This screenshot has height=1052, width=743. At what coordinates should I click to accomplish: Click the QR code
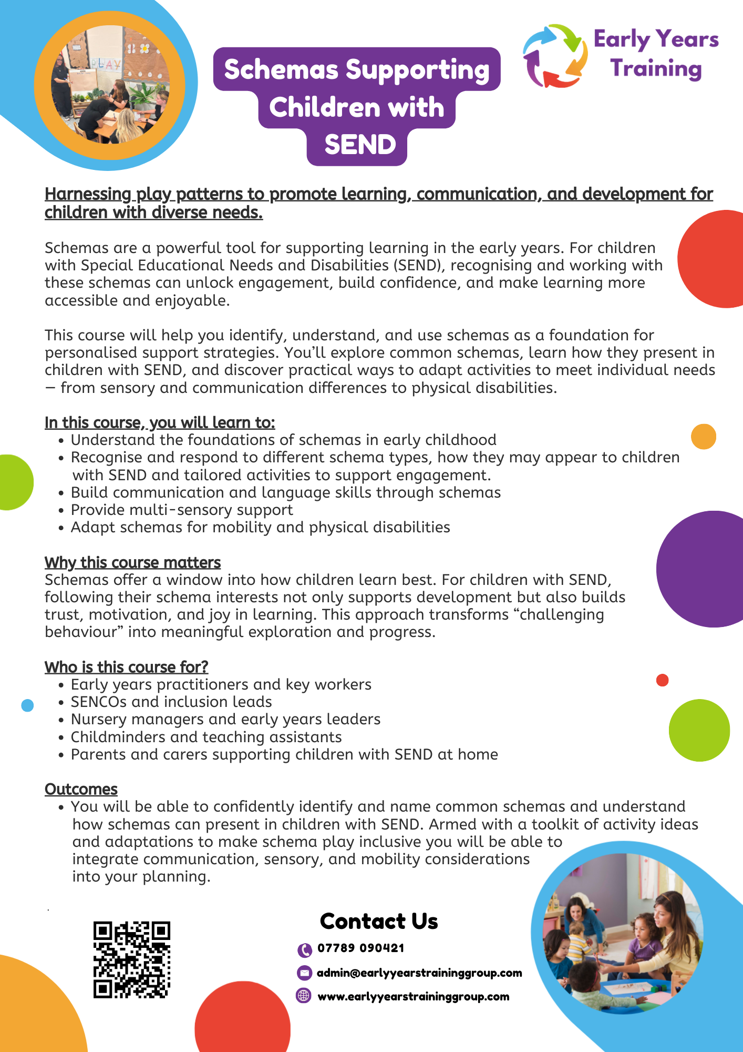132,959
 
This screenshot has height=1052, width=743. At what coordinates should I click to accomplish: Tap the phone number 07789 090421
360,948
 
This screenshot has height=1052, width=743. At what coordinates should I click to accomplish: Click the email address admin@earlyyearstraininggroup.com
419,973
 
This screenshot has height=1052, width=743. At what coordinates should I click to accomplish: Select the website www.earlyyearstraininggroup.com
414,996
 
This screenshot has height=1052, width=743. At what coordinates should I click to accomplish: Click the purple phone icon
304,949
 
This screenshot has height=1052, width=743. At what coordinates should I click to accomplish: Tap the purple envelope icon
304,973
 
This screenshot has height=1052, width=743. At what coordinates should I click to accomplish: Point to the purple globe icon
304,996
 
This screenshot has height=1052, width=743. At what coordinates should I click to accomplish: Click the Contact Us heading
379,921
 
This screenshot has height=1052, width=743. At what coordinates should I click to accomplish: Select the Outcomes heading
81,789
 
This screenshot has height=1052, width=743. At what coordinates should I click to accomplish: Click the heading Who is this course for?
126,667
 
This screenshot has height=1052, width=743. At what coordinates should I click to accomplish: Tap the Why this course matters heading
132,562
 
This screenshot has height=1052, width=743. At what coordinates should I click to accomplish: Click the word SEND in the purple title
360,145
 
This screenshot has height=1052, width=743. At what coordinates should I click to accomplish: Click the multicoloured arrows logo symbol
555,56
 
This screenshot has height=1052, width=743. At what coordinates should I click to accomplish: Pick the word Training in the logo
656,69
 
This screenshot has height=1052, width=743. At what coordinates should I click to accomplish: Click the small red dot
662,680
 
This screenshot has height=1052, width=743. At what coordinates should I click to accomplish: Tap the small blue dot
27,705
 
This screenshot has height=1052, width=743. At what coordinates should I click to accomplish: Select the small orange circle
704,437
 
